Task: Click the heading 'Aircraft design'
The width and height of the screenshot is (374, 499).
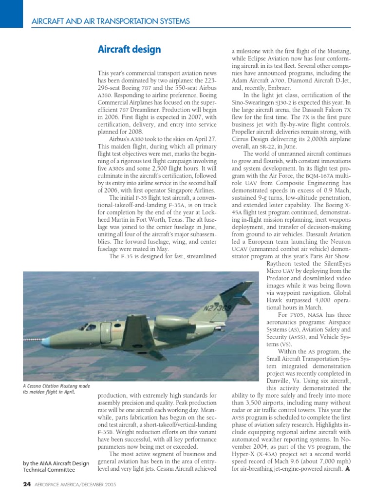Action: tap(129, 50)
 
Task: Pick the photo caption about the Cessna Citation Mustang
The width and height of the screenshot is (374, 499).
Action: tap(56, 389)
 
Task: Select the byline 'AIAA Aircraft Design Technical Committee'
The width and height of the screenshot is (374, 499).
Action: tap(56, 466)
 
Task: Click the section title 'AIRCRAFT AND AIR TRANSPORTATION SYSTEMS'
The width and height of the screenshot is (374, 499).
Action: tap(111, 21)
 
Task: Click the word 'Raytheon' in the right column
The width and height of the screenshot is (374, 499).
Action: tap(281, 264)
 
